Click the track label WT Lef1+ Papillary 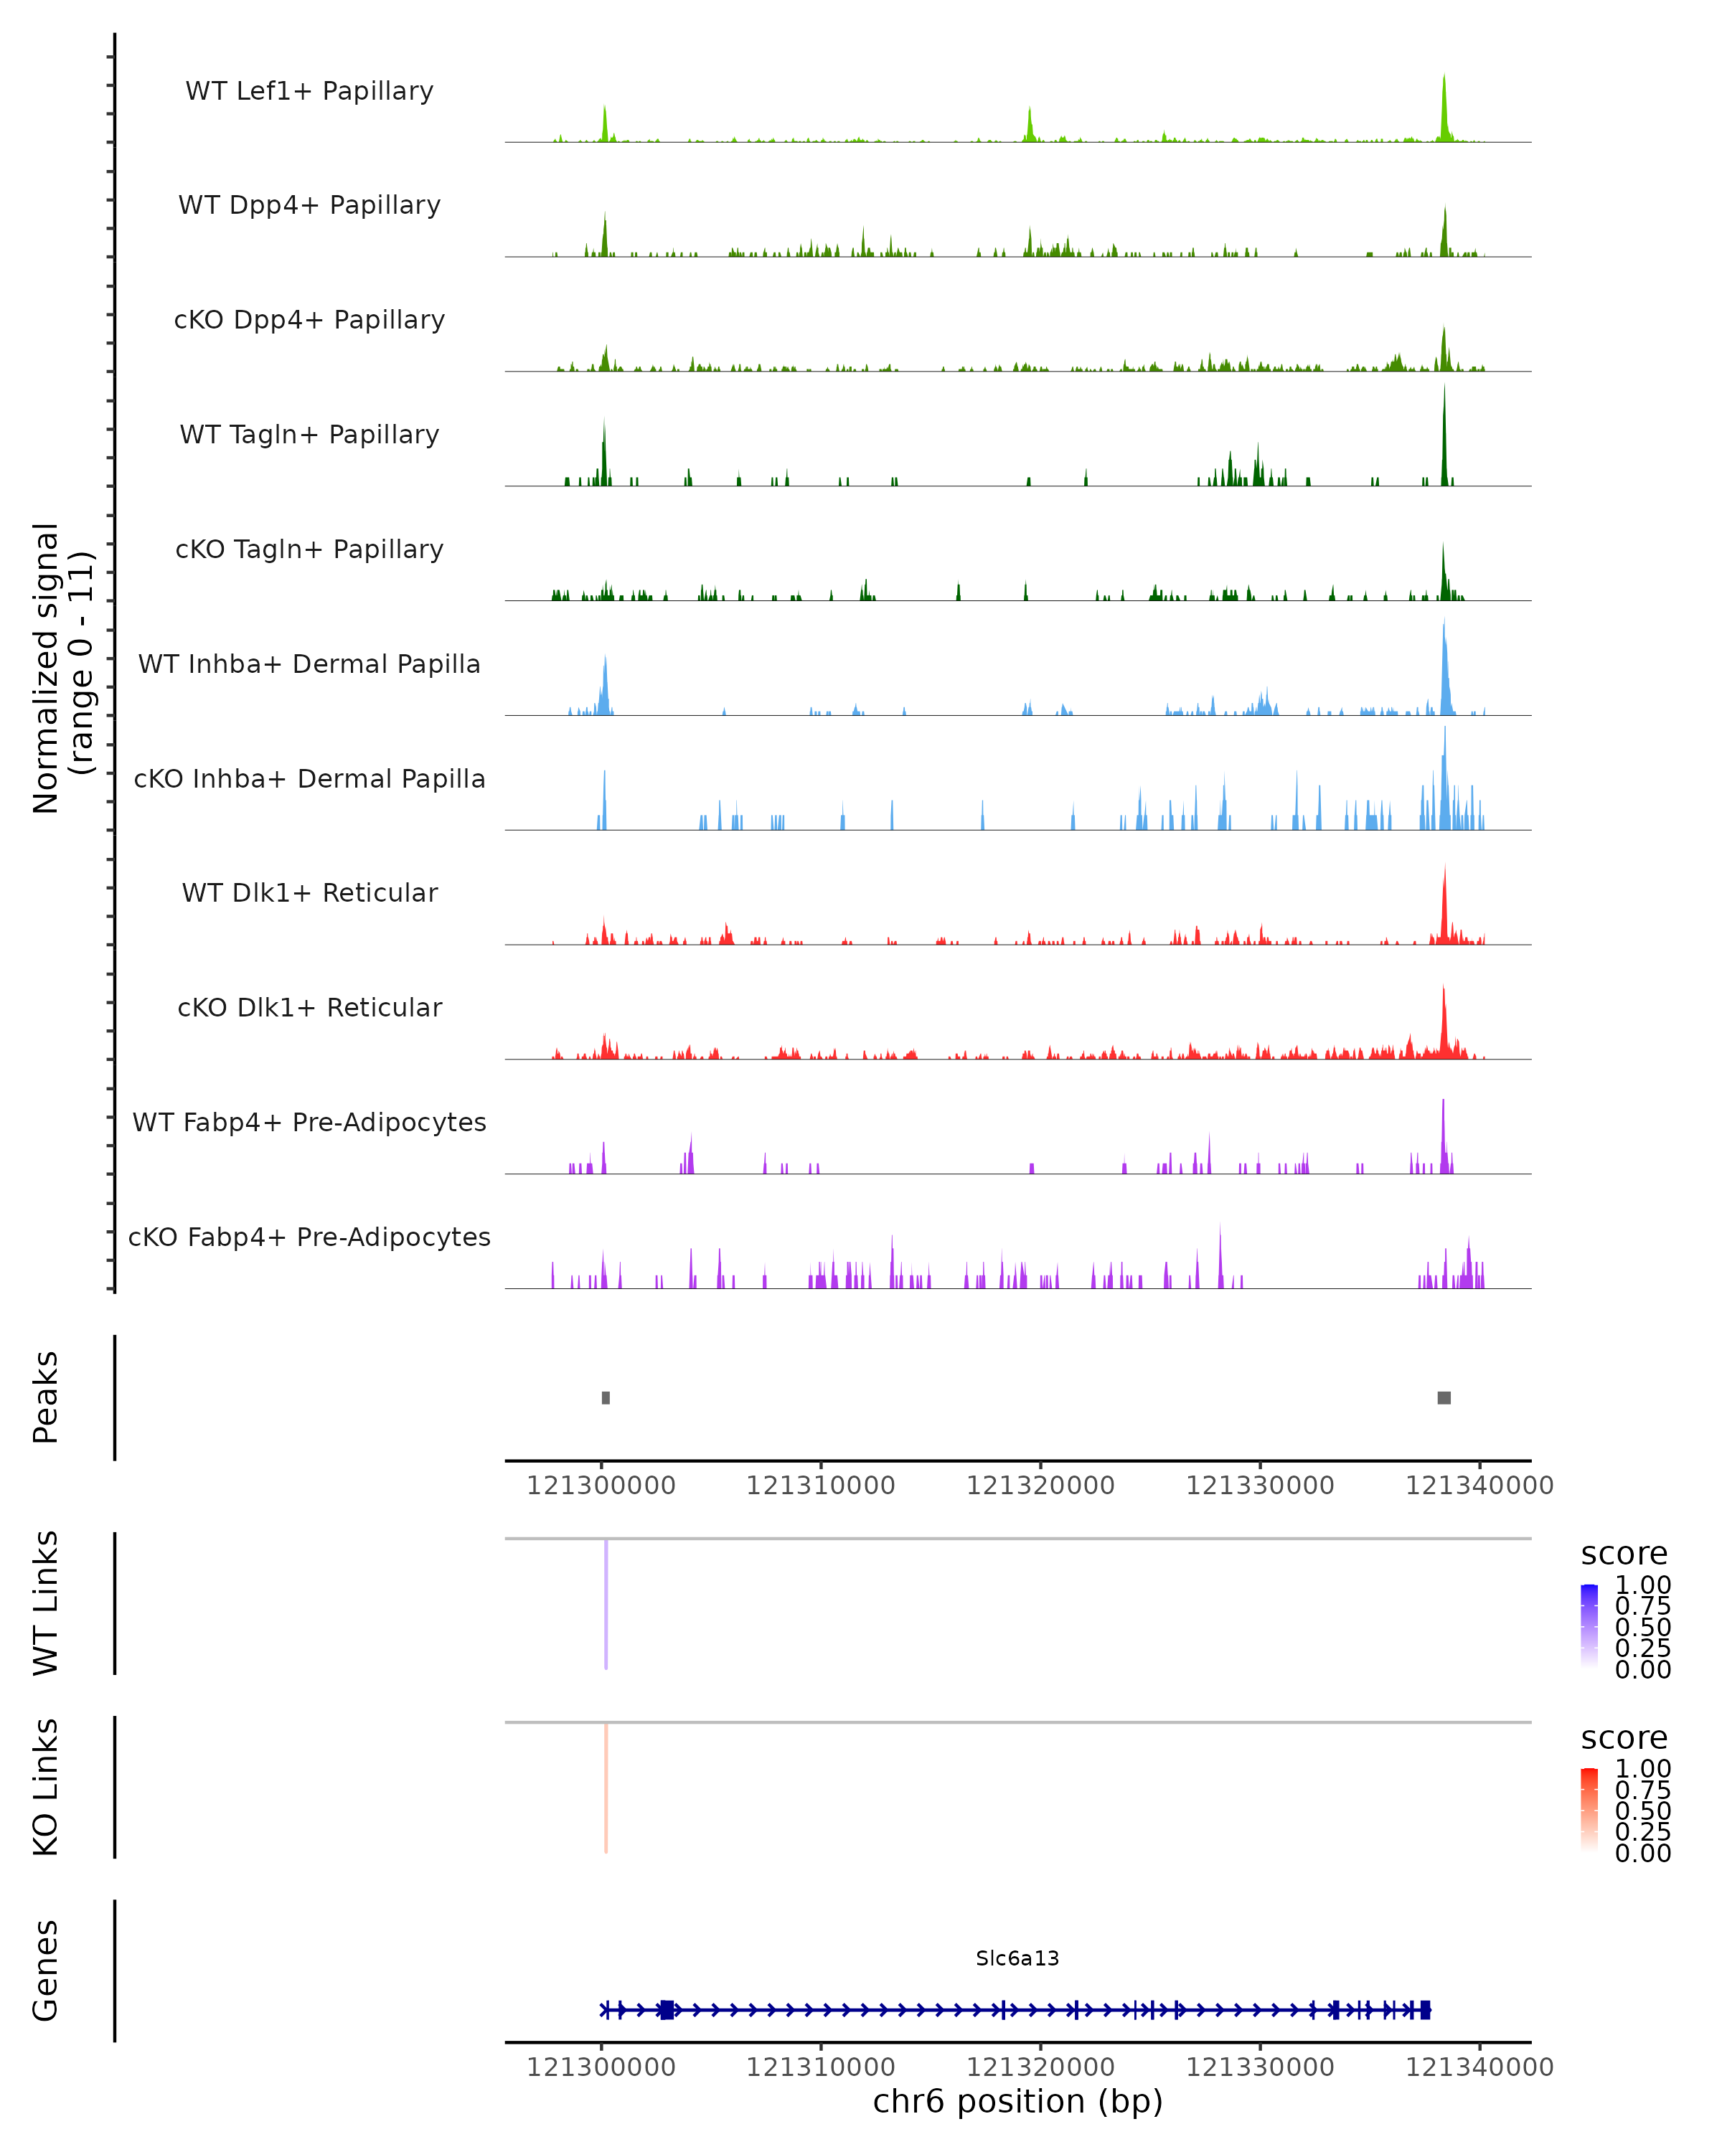[309, 91]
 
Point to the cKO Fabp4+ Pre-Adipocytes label [309, 1237]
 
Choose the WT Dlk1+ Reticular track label [309, 892]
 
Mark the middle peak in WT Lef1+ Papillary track [1030, 125]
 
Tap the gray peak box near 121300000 [606, 1397]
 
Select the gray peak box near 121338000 [1444, 1397]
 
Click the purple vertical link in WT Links [606, 1604]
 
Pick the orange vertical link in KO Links [606, 1788]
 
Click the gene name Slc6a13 [1017, 1958]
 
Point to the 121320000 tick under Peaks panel [1040, 1486]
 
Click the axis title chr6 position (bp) [1017, 2101]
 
